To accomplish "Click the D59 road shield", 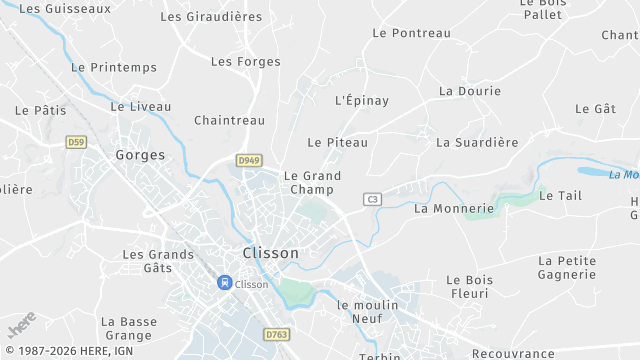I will [x=76, y=142].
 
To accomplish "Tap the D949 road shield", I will [x=249, y=160].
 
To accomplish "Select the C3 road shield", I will [x=374, y=199].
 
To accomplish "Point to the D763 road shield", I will [x=276, y=334].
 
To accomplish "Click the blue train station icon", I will [x=225, y=283].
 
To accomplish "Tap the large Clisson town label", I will [x=271, y=253].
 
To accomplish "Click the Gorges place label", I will [x=140, y=154].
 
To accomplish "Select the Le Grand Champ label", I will [x=312, y=182].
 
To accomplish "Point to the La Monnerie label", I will [x=454, y=208].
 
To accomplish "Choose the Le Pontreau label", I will [x=411, y=33].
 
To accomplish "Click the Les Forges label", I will [x=246, y=61].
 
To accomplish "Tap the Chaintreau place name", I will [x=229, y=120].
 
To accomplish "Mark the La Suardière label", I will [x=477, y=142].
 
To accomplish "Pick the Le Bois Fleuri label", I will [x=468, y=286].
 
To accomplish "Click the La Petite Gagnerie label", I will [x=567, y=267].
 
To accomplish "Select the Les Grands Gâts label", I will [x=158, y=261].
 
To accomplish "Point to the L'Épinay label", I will [x=362, y=100].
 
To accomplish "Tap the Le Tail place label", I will [x=560, y=196].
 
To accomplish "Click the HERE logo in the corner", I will [x=22, y=324].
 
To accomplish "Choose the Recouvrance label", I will [x=513, y=354].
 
